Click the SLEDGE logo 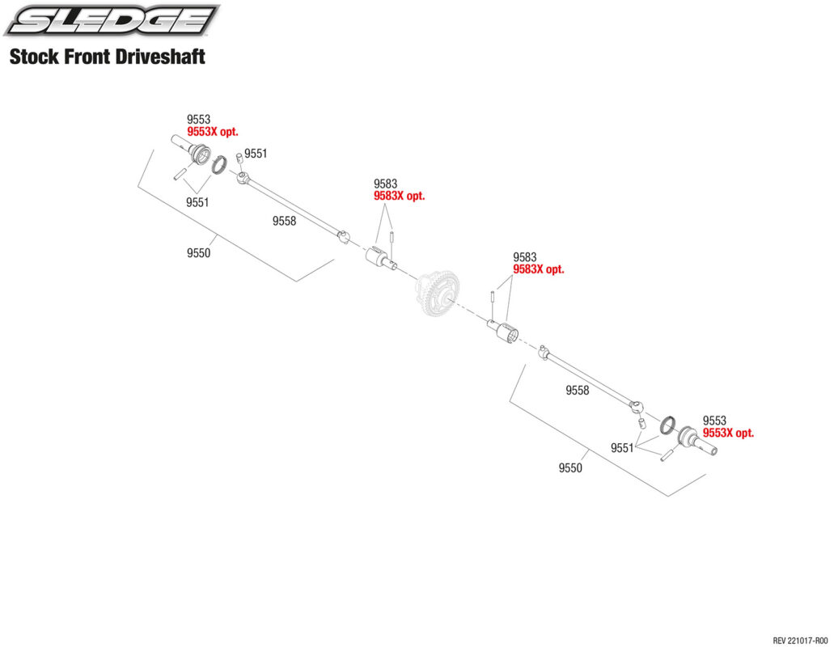112,20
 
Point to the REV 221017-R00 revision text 800,640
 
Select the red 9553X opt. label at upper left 212,132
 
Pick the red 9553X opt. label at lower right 728,433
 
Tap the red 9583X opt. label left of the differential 400,196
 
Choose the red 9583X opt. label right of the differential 538,269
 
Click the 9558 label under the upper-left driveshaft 284,221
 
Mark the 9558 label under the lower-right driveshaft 577,390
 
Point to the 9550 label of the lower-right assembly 570,467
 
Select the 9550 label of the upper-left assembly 198,253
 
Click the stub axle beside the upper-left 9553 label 192,149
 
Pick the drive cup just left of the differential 380,258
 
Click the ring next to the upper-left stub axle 220,164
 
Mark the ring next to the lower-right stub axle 668,425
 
